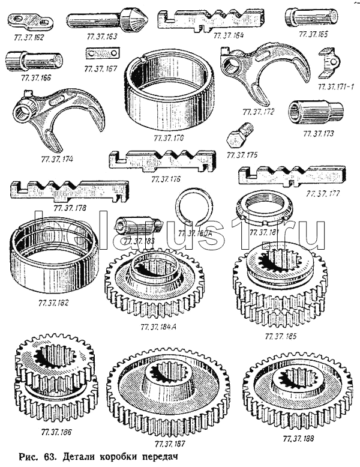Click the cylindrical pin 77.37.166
(x=34, y=61)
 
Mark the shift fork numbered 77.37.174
(x=51, y=121)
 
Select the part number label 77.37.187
(x=170, y=444)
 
